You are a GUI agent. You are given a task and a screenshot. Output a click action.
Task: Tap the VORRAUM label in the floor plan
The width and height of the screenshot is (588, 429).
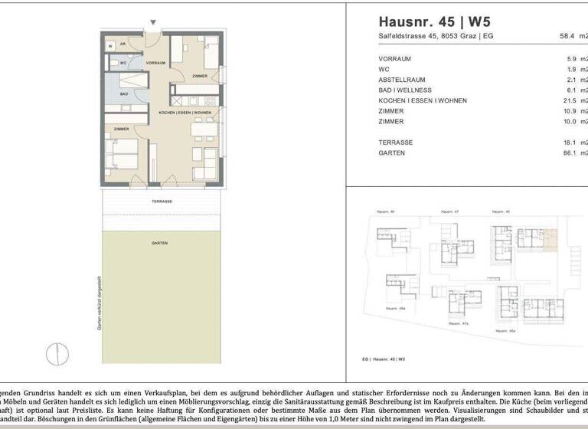pos(155,63)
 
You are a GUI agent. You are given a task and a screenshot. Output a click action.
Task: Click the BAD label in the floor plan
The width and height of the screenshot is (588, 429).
pos(123,93)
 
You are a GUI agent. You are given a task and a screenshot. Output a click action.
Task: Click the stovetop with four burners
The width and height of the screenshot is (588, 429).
pos(207,100)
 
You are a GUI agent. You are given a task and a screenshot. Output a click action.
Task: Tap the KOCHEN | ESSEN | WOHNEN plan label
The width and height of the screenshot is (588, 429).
pos(185,113)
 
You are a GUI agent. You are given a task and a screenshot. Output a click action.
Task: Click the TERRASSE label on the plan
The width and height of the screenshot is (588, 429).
pos(162,201)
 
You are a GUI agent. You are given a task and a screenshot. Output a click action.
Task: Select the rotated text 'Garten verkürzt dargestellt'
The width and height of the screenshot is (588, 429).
pos(99,303)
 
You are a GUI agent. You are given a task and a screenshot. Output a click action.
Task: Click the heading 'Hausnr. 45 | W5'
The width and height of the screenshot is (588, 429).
pos(431,21)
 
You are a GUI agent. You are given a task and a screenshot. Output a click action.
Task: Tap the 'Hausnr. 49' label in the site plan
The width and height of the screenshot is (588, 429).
pos(384,211)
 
